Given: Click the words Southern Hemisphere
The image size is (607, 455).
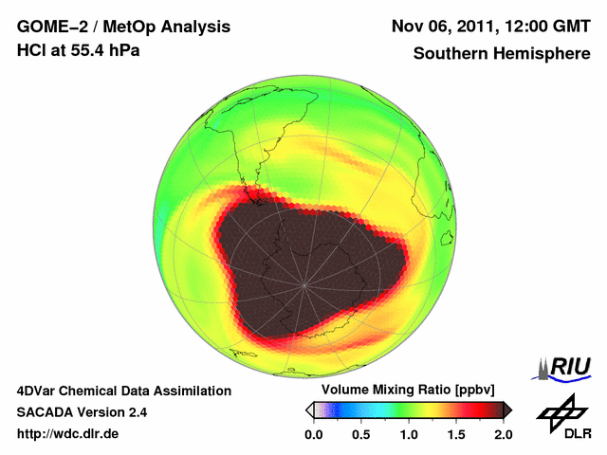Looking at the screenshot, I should coord(501,54).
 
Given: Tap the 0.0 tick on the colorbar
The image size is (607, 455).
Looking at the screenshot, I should coord(314,434).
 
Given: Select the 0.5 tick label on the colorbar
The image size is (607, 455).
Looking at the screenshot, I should coord(361,434).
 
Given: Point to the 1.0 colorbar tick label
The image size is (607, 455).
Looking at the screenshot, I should coord(409,434).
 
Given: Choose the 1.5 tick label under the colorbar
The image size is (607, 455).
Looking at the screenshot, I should coord(456,434).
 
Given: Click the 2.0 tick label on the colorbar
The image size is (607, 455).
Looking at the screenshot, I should coord(503,434).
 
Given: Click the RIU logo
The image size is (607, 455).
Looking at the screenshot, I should coord(563,368).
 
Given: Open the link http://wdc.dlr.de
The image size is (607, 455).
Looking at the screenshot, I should coord(68,434).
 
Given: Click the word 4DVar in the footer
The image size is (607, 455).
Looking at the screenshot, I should coord(38,391).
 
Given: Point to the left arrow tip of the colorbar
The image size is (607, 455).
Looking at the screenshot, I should coord(309,409).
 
